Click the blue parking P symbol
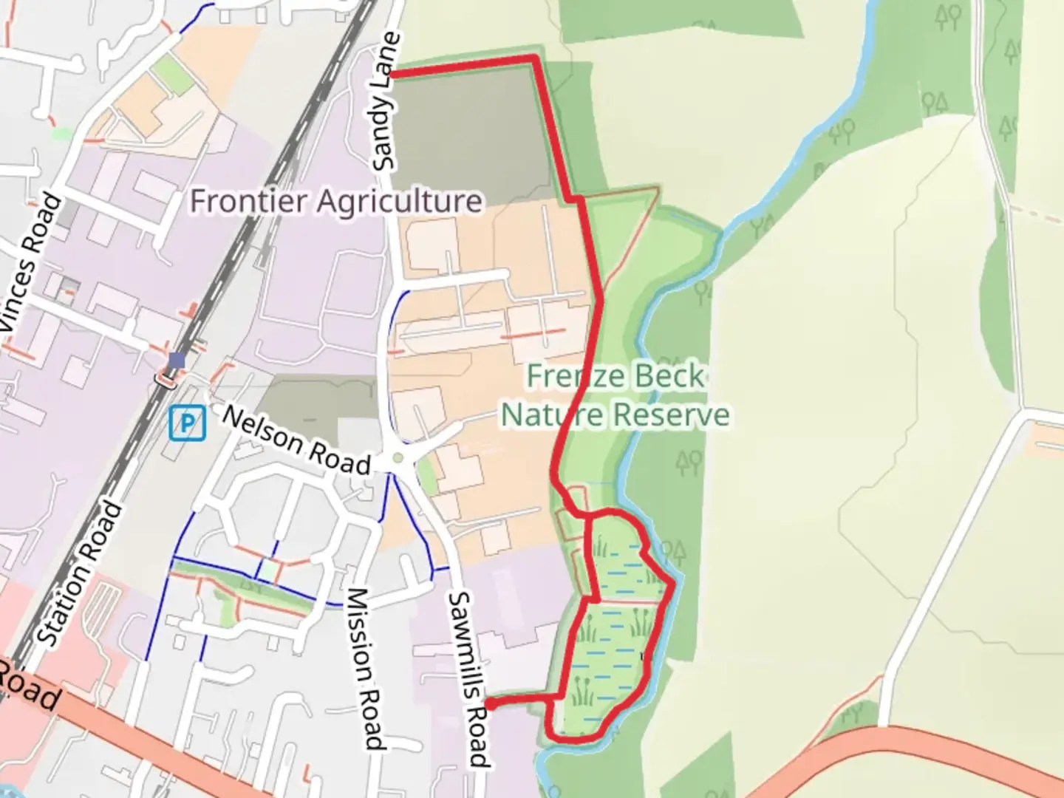[x=187, y=424]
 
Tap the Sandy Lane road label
[x=387, y=102]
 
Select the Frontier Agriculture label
[x=337, y=201]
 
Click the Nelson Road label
[x=296, y=441]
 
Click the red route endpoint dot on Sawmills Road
[x=489, y=705]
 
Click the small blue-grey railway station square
[x=176, y=361]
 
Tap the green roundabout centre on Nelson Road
[x=398, y=458]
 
